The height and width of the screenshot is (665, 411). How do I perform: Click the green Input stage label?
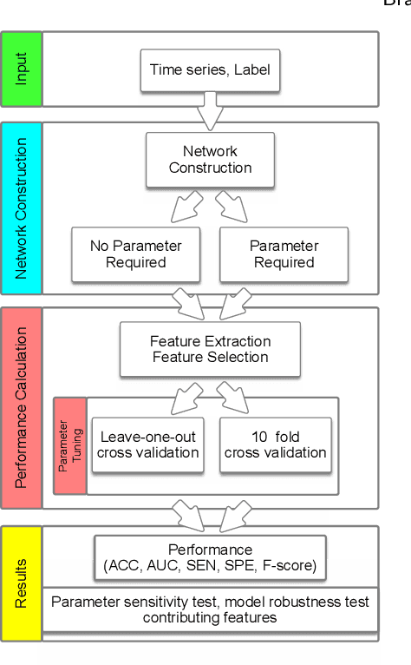point(21,69)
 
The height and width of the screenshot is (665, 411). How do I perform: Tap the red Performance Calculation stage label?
point(21,407)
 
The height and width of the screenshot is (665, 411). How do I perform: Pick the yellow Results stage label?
point(21,583)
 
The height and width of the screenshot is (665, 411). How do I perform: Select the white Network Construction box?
point(210,160)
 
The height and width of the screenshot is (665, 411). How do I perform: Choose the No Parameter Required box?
point(135,254)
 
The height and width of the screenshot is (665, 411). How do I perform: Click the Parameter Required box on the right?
point(284,254)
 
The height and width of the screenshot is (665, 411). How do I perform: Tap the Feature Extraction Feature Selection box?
point(210,349)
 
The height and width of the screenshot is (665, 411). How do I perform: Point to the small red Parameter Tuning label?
point(69,446)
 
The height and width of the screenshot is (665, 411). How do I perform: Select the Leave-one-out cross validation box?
point(147,444)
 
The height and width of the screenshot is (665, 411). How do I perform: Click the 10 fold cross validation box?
point(275,444)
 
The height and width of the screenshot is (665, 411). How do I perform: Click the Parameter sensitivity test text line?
point(210,602)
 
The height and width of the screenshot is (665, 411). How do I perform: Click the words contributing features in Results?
point(210,617)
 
